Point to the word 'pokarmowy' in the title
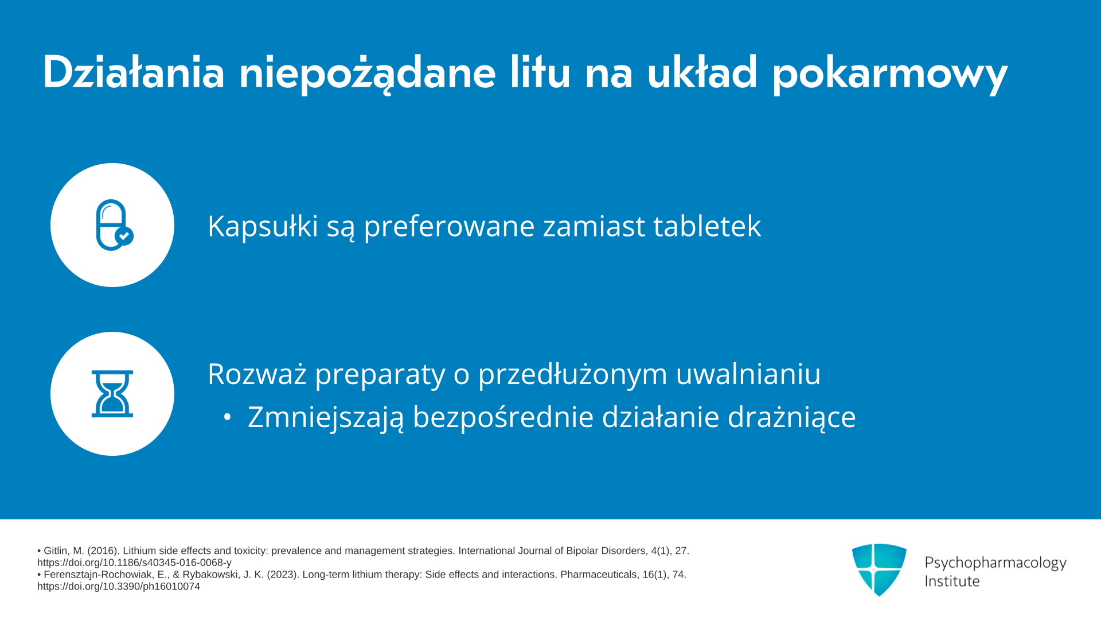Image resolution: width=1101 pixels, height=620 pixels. click(x=890, y=75)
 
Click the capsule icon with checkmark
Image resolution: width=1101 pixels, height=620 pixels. click(x=114, y=225)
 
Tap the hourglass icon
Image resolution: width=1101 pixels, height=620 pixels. click(x=112, y=394)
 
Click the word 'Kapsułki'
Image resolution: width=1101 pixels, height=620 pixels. click(x=263, y=226)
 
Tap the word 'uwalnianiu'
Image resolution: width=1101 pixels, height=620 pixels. click(x=748, y=374)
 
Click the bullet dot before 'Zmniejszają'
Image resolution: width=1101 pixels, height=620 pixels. click(x=228, y=417)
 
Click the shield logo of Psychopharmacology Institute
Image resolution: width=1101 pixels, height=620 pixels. click(x=879, y=569)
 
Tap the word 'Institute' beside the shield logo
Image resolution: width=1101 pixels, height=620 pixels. click(x=952, y=581)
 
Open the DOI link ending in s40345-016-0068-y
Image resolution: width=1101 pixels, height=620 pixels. click(x=134, y=563)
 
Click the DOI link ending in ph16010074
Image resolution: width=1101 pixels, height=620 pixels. click(x=119, y=587)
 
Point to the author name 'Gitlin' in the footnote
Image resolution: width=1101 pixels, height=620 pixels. click(x=56, y=551)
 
